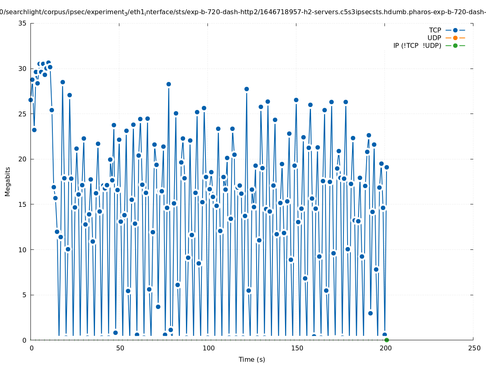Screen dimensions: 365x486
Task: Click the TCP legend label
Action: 435,30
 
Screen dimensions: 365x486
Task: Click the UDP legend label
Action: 434,38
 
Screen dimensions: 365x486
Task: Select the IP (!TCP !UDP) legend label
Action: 417,45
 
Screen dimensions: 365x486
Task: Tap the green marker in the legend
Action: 455,45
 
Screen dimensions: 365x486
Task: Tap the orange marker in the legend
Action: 455,38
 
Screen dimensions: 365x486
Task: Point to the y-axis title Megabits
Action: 8,181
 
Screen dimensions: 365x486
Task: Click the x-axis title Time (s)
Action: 252,359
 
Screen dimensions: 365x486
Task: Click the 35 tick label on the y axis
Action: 23,23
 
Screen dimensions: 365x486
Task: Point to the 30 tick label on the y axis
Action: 23,69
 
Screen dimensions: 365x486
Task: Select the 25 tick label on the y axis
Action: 23,114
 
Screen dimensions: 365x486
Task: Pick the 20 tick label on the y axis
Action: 23,159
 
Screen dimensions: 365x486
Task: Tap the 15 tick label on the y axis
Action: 23,204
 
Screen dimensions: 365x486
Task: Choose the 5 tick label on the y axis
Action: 24,295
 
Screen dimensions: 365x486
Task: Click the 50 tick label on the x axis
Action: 120,348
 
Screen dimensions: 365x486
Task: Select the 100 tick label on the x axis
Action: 208,348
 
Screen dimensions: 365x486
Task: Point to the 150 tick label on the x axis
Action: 297,348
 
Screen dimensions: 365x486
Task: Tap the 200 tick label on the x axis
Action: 385,348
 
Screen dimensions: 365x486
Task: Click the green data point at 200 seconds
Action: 387,340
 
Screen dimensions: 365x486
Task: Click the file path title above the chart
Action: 243,12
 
